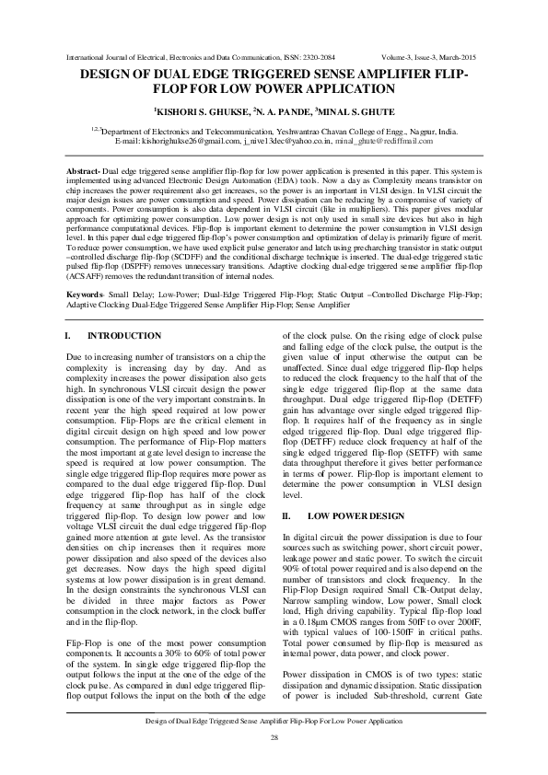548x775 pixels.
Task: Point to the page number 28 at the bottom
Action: pos(274,739)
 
